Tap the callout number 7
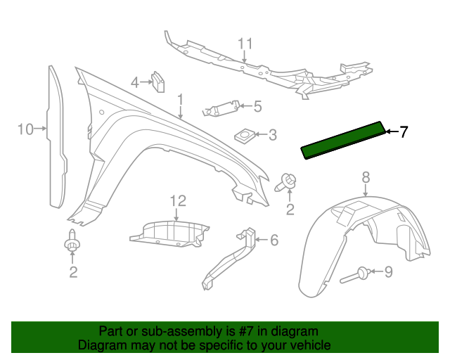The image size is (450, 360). (403, 131)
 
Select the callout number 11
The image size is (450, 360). (244, 44)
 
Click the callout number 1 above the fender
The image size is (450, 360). (180, 100)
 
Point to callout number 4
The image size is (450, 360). (135, 82)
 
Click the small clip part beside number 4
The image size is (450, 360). (158, 82)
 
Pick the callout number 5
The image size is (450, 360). (257, 107)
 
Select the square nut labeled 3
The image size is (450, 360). (245, 134)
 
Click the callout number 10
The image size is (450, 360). (25, 129)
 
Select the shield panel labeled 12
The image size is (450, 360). (169, 233)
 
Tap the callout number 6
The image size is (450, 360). (274, 240)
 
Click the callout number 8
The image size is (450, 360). (366, 176)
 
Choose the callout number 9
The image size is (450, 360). (388, 271)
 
